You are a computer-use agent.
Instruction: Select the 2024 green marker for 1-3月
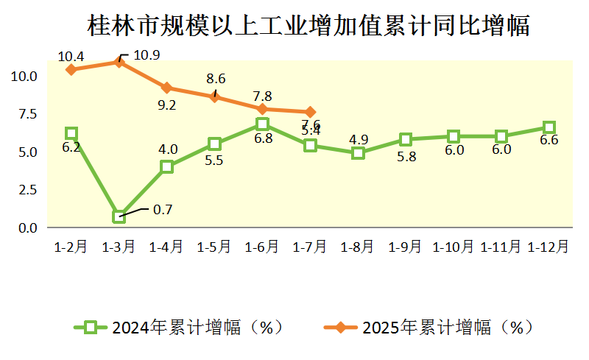[x=119, y=216]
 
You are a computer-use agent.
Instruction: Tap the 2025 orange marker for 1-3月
[x=119, y=62]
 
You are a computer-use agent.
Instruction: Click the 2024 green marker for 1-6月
[x=262, y=124]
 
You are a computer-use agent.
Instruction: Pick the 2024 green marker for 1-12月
[x=549, y=127]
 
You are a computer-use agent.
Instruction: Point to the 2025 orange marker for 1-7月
[x=310, y=112]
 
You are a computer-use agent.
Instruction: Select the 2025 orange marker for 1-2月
[x=71, y=69]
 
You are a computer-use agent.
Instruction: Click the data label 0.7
[x=162, y=210]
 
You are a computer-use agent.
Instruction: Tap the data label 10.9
[x=148, y=54]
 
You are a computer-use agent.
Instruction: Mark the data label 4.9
[x=358, y=139]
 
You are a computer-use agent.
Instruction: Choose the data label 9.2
[x=166, y=105]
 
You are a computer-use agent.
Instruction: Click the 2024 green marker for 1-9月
[x=406, y=139]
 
